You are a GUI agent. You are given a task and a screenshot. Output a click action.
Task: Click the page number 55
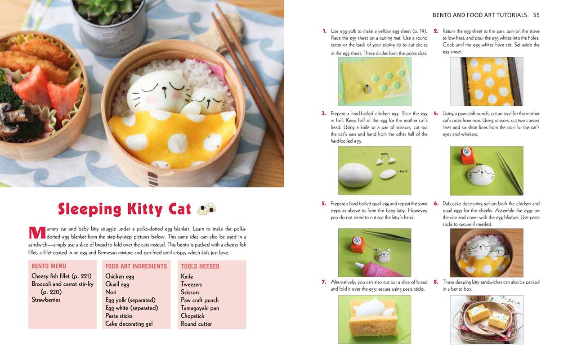(536, 15)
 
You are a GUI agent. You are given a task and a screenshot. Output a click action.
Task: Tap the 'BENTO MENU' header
(49, 266)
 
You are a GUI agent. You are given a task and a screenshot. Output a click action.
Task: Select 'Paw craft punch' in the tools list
(200, 300)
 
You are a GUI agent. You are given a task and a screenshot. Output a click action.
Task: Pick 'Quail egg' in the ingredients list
(117, 284)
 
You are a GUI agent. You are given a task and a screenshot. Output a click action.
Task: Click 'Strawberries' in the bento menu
(46, 300)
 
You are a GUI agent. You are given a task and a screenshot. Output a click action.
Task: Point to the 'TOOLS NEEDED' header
(200, 266)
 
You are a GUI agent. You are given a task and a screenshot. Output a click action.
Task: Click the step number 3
(324, 114)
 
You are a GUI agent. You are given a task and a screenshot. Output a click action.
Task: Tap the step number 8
(436, 282)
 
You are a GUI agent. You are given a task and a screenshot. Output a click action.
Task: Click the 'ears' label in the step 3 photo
(385, 154)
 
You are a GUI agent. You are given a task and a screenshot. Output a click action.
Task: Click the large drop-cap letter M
(36, 233)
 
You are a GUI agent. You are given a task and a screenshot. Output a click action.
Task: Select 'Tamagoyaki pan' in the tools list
(200, 308)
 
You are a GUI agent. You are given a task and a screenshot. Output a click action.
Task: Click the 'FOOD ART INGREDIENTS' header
(136, 266)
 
